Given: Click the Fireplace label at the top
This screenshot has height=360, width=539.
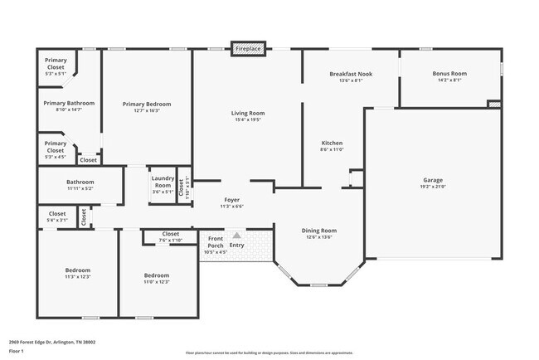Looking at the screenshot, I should tap(248, 49).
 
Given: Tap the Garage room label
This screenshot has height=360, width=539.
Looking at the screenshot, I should tap(433, 179).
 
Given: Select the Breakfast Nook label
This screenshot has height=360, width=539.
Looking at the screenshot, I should tap(350, 74).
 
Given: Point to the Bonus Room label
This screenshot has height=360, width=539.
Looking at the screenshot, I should tap(450, 74).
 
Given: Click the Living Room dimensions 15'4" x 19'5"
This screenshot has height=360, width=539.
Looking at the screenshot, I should tap(247, 119).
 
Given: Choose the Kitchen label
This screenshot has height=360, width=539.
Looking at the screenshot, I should tap(332, 143).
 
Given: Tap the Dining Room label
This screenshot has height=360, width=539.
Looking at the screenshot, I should tap(318, 230).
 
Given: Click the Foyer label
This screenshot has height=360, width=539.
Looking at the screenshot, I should tap(232, 200).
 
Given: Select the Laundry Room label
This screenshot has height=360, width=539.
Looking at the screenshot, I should tap(163, 181).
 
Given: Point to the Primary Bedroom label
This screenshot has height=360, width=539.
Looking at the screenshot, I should tap(147, 104).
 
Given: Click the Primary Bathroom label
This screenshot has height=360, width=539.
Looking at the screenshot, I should tap(69, 103).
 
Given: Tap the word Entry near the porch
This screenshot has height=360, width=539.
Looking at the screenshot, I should tap(237, 245).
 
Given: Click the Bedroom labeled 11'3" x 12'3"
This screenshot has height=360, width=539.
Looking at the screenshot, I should tap(77, 270).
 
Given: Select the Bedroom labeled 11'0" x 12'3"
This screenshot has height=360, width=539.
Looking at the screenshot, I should tap(157, 275).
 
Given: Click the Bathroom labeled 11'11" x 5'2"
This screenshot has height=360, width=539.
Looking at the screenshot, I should tap(80, 182).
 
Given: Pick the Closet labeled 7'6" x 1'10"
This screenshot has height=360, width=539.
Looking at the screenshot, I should tap(171, 234).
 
